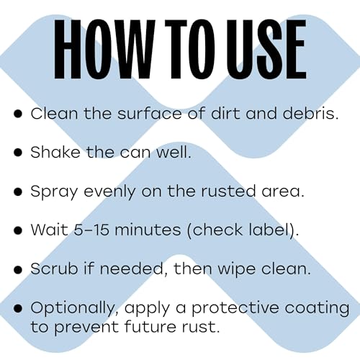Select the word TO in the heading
(x=179, y=48)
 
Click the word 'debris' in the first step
(x=306, y=114)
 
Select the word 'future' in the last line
(x=152, y=325)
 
